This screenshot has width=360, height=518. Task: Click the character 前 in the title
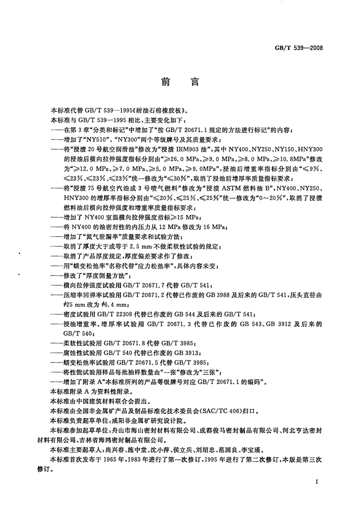(x=166, y=82)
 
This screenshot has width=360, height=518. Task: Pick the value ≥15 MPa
(x=185, y=218)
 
